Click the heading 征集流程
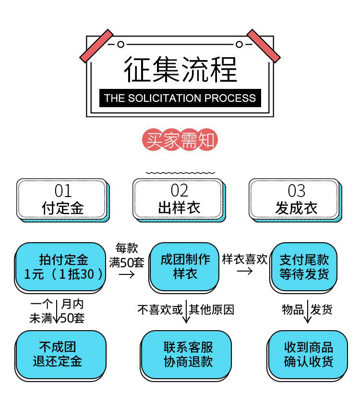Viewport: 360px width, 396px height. coord(180,69)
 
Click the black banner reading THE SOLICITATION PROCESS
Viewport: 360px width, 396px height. coord(180,99)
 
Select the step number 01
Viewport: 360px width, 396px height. coord(63,191)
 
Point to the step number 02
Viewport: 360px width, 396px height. coord(180,191)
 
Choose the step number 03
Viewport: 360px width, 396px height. coord(296,191)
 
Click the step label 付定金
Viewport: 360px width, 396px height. coord(63,208)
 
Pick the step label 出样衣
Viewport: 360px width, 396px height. coord(180,208)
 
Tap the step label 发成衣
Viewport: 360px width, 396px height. coord(296,208)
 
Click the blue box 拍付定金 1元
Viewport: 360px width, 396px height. coord(60,267)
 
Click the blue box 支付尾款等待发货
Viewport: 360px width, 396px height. coord(304,267)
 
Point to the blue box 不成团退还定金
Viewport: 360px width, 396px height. coord(60,354)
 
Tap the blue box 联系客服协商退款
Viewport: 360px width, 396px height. coord(187,354)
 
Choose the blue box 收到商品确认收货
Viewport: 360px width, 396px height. coord(308,354)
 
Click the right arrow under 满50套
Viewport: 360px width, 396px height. coord(126,274)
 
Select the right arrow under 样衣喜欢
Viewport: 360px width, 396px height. coord(245,271)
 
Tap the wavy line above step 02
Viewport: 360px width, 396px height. coord(180,173)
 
